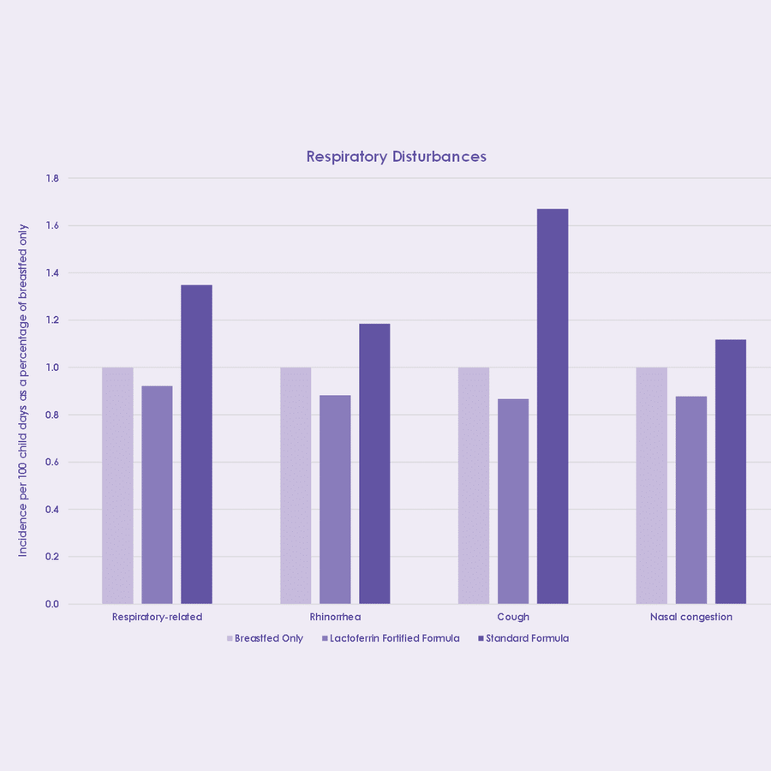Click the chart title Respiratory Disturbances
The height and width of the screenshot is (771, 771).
pos(396,157)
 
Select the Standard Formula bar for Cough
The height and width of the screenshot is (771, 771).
pos(552,406)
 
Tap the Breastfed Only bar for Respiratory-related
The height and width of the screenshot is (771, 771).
pos(117,486)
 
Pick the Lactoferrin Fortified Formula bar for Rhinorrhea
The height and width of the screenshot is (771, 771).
pos(335,499)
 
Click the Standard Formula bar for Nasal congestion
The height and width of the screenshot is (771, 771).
pos(730,472)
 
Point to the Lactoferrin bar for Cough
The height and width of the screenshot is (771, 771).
pos(513,501)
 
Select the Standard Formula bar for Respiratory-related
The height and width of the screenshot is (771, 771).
pos(196,445)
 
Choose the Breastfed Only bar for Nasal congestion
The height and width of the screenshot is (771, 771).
pos(651,486)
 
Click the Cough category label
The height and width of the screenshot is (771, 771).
pos(513,617)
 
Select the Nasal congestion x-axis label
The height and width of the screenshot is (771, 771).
pos(690,617)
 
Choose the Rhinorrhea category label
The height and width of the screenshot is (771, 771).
pos(335,617)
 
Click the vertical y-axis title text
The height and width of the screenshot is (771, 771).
pos(23,391)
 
